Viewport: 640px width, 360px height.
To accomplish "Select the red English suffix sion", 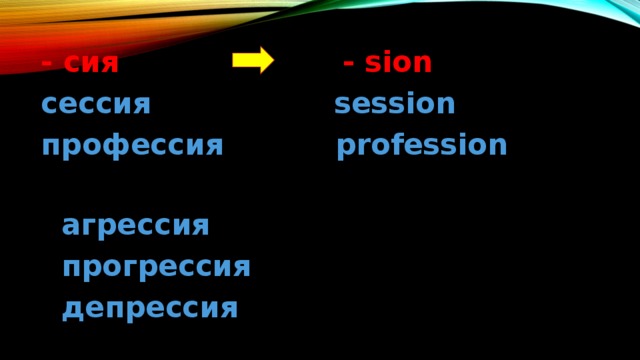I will click(x=398, y=64).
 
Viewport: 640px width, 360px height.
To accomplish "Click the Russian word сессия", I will click(x=95, y=105).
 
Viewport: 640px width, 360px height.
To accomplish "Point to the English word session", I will click(x=395, y=104).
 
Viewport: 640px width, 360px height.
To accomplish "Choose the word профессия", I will click(x=131, y=147).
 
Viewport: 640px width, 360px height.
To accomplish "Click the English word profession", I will click(x=421, y=146).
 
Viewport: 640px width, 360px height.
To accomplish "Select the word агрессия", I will click(x=135, y=226).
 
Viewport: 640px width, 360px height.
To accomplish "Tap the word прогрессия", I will click(x=155, y=267).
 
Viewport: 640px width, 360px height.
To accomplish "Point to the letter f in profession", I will click(x=393, y=145).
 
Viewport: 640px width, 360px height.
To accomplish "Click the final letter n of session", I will click(x=446, y=104).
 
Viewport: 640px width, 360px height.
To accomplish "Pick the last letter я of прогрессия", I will click(x=241, y=267).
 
